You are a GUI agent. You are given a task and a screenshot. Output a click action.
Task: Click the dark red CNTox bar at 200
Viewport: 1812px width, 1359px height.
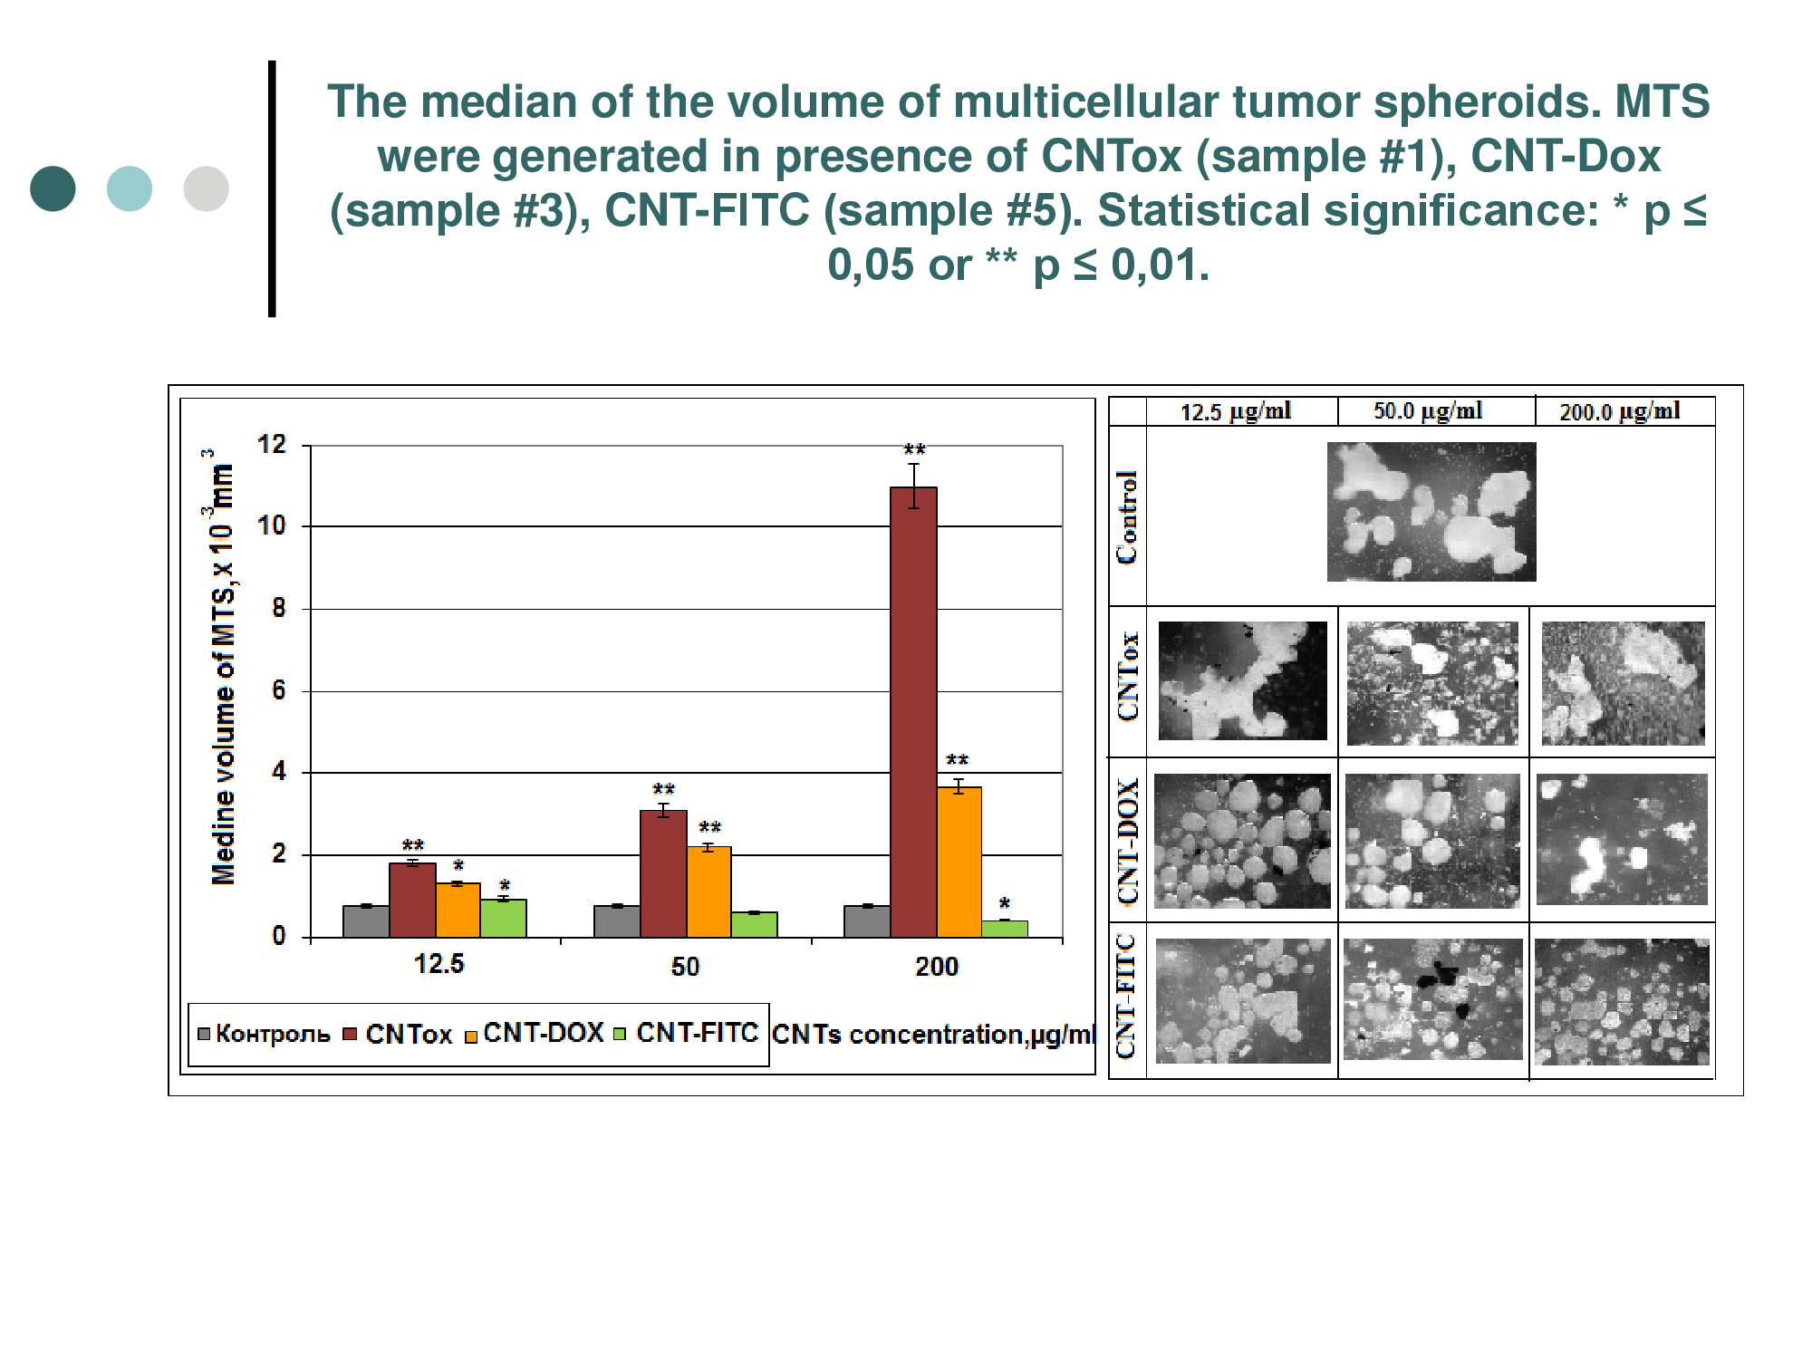click(x=913, y=712)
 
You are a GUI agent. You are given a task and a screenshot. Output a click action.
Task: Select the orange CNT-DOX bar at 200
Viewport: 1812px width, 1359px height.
click(x=959, y=862)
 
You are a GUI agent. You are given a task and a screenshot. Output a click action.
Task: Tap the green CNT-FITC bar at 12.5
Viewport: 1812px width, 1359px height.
click(x=504, y=918)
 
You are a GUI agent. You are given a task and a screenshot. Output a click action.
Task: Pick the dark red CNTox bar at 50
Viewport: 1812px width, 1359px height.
click(x=663, y=873)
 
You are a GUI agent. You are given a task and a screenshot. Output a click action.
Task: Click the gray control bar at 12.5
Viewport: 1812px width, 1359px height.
click(x=366, y=921)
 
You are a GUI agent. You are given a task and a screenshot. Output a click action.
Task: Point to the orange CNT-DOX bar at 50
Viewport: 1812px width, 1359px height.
click(x=709, y=892)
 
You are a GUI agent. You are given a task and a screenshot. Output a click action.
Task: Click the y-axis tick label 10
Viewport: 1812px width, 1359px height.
click(x=272, y=525)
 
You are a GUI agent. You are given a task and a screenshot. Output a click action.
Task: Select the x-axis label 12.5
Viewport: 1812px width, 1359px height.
click(x=439, y=963)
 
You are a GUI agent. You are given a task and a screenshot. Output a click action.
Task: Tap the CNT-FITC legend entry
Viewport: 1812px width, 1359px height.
click(x=687, y=1033)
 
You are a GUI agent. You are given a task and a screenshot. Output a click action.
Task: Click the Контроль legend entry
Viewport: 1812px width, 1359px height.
click(x=264, y=1034)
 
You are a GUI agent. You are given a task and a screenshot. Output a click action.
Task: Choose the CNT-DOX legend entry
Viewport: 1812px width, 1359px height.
click(x=535, y=1033)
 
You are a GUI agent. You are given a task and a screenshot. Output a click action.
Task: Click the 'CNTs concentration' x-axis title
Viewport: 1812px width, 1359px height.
click(x=933, y=1035)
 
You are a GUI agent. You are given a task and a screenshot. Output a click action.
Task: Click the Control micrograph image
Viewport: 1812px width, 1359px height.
click(x=1431, y=512)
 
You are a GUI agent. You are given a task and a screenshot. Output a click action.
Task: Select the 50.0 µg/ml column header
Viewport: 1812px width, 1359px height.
click(x=1428, y=411)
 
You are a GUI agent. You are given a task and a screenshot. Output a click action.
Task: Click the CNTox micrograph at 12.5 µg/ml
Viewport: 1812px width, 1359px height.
click(x=1242, y=680)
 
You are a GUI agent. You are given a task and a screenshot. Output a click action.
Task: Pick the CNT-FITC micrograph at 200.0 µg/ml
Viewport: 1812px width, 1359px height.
click(x=1622, y=1001)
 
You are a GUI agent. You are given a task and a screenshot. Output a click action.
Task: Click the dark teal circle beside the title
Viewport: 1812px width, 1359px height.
click(x=53, y=188)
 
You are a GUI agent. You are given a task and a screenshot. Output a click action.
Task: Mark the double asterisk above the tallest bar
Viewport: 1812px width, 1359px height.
click(x=914, y=450)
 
